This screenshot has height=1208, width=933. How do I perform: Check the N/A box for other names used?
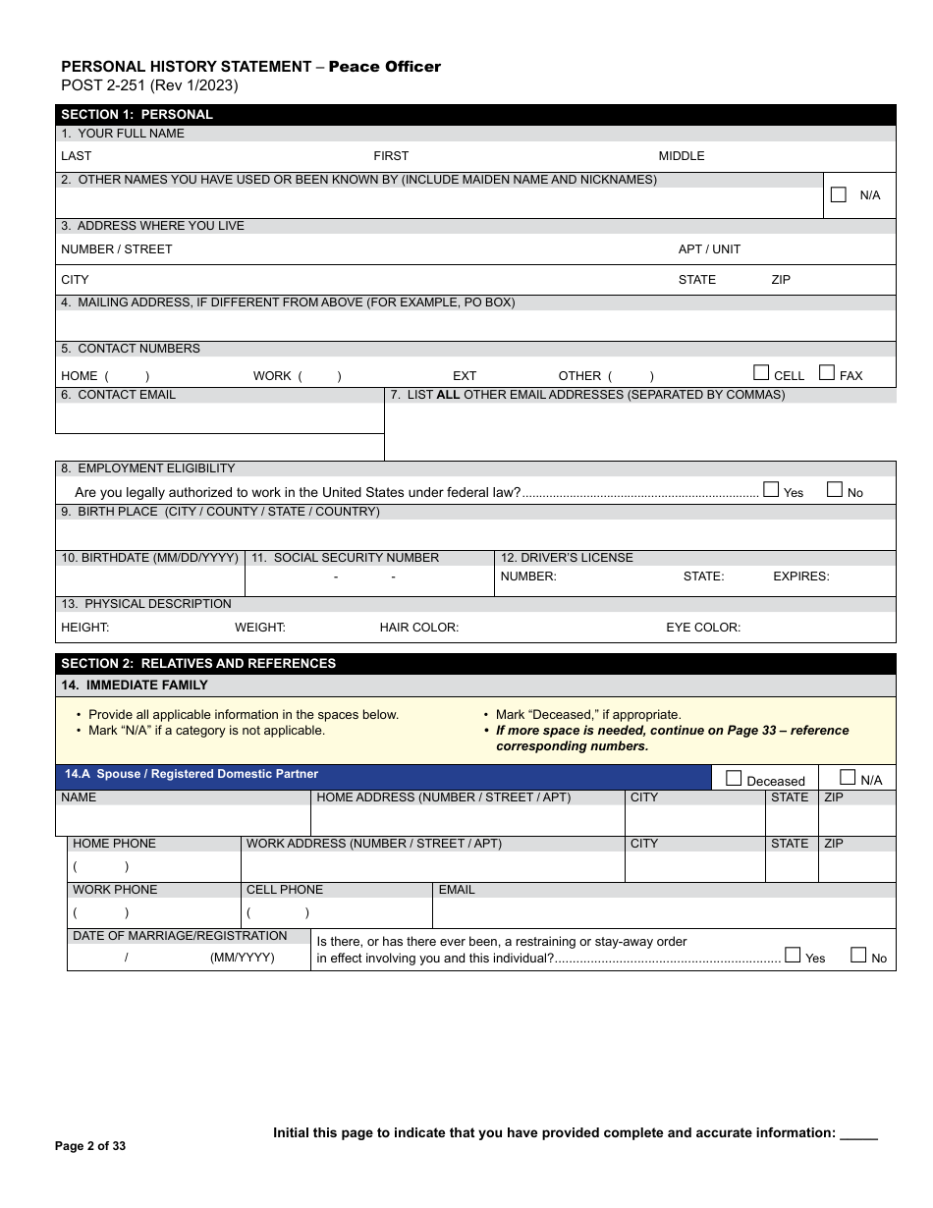click(838, 194)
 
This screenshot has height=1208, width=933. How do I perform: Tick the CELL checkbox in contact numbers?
click(761, 372)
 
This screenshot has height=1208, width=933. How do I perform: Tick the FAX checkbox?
click(827, 372)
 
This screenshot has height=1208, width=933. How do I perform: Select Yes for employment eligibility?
click(771, 489)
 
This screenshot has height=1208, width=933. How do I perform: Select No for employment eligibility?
click(835, 489)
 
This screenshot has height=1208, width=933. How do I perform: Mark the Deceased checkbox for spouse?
click(734, 778)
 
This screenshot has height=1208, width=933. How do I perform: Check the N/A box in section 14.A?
click(848, 777)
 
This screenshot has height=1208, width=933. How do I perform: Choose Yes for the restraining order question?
click(793, 955)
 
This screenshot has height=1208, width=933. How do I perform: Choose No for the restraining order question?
click(858, 955)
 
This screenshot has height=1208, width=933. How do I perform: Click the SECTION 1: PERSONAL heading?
click(137, 114)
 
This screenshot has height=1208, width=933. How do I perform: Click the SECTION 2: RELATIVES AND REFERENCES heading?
click(198, 663)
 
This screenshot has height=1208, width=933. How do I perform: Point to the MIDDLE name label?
click(682, 156)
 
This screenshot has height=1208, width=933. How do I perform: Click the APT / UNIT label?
click(709, 249)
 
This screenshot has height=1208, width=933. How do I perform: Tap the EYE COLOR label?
click(703, 628)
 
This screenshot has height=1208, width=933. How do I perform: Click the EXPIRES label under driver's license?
click(800, 577)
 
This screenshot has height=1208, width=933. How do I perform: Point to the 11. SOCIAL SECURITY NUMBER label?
click(345, 558)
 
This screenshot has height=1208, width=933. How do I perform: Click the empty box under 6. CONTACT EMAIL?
click(219, 418)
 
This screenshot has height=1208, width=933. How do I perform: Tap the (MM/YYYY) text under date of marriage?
click(243, 958)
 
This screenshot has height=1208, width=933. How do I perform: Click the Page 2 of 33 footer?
click(90, 1146)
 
